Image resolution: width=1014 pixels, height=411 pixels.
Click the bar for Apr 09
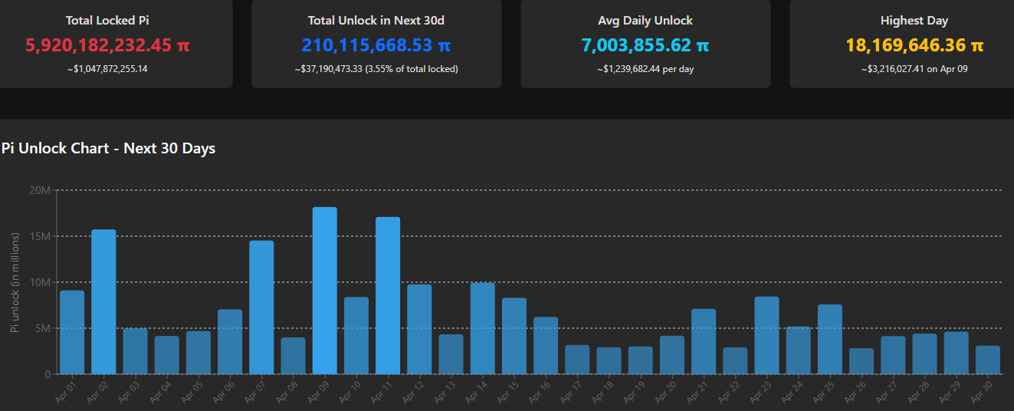[x=325, y=291]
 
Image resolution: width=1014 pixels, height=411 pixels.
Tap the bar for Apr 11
[x=388, y=295]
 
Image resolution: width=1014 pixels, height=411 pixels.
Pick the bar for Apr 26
[x=861, y=361]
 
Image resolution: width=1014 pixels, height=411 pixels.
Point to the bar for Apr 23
[x=766, y=335]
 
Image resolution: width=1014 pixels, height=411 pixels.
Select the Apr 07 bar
[x=261, y=307]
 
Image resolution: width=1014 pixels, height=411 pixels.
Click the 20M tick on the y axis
[x=39, y=190]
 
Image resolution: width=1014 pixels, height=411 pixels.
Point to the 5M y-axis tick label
[x=41, y=328]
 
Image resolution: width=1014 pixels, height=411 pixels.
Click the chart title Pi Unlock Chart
[x=108, y=148]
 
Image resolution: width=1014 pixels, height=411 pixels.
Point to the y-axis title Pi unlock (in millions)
[x=15, y=282]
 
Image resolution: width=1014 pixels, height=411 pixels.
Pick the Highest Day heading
[x=914, y=21]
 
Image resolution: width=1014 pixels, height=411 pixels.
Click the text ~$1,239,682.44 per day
[x=645, y=69]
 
